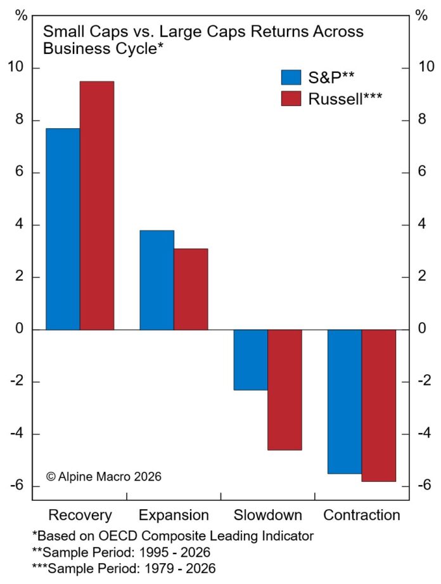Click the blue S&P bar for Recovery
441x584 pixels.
[x=63, y=229]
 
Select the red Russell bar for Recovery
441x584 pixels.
[x=97, y=205]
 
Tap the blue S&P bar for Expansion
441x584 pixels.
[x=157, y=280]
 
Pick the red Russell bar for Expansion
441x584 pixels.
[x=191, y=289]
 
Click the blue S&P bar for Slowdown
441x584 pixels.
[x=251, y=360]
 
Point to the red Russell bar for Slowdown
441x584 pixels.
[x=285, y=389]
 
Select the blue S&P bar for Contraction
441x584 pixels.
[x=345, y=401]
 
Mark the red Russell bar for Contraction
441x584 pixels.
[x=379, y=405]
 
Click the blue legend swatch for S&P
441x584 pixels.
[x=291, y=77]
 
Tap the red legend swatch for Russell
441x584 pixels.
[x=291, y=98]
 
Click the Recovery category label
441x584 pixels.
[x=80, y=514]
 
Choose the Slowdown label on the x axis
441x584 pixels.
[x=268, y=514]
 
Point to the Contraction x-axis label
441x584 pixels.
[x=362, y=514]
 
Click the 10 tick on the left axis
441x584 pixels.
[x=18, y=68]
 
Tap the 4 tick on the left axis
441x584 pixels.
[x=22, y=225]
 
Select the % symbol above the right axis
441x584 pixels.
[x=421, y=16]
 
